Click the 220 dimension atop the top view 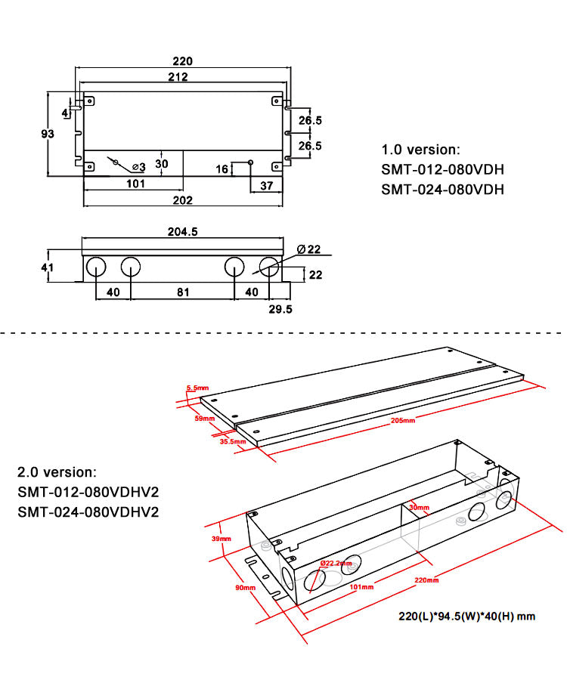point(182,61)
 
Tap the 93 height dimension point(47,134)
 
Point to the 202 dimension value point(182,200)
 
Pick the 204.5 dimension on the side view point(182,233)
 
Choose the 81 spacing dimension point(182,292)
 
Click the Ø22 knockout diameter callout point(309,249)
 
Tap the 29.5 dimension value point(280,309)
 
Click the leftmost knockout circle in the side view point(96,266)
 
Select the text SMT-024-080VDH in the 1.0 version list point(442,190)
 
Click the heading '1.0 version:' point(420,150)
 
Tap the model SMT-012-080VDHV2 point(88,493)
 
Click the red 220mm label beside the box point(426,580)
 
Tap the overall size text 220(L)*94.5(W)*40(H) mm point(467,617)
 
